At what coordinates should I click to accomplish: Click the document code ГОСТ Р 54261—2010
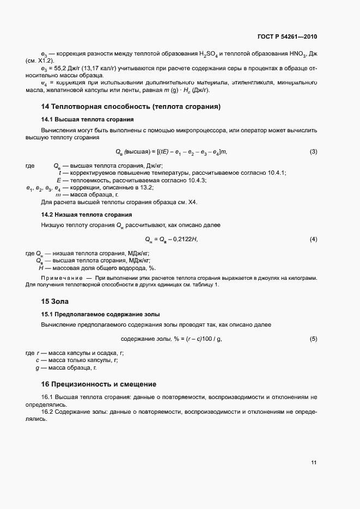287,37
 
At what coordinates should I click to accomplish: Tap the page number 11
314,463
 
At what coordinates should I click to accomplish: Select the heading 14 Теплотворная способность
131,106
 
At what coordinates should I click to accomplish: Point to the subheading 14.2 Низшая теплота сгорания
87,214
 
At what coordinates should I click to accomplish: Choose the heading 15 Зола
54,301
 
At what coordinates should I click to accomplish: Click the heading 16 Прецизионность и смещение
99,384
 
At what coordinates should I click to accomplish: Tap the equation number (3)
313,151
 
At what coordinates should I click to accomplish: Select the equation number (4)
313,240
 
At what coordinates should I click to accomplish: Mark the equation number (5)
313,339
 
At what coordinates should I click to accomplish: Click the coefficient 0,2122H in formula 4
185,240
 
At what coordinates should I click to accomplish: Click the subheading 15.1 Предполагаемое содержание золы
100,314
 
